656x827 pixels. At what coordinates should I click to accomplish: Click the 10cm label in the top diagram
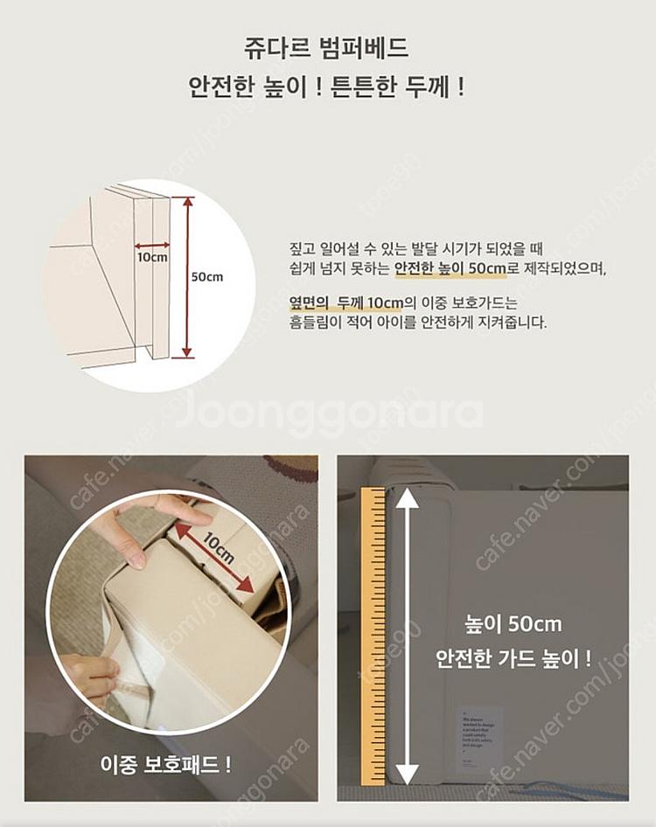[x=152, y=259]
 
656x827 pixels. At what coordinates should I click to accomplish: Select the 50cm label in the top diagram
[x=207, y=276]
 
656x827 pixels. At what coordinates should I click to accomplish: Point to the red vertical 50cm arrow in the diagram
[x=186, y=276]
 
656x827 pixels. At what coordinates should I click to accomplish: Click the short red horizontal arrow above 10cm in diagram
[x=152, y=246]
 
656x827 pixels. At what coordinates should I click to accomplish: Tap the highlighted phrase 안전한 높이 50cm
[x=450, y=268]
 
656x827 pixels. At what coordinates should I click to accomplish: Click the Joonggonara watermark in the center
[x=328, y=414]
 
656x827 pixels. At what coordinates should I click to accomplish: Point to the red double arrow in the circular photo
[x=214, y=558]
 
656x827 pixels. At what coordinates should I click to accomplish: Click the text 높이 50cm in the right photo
[x=513, y=624]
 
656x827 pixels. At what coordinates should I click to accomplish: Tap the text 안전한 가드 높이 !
[x=513, y=657]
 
